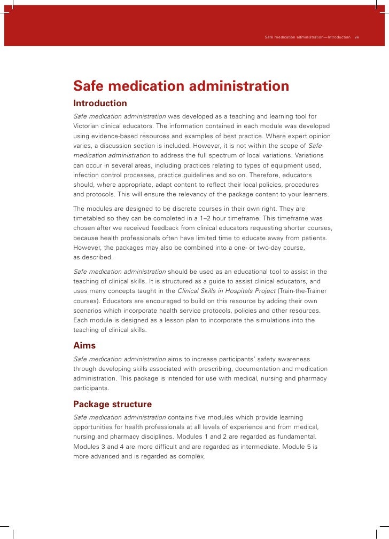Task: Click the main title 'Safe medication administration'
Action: point(181,86)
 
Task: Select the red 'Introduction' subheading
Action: point(100,103)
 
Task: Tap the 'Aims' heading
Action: point(84,345)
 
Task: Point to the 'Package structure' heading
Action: point(112,404)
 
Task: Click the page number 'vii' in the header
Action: point(357,37)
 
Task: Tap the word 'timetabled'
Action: point(90,218)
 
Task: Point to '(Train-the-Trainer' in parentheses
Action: point(301,291)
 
